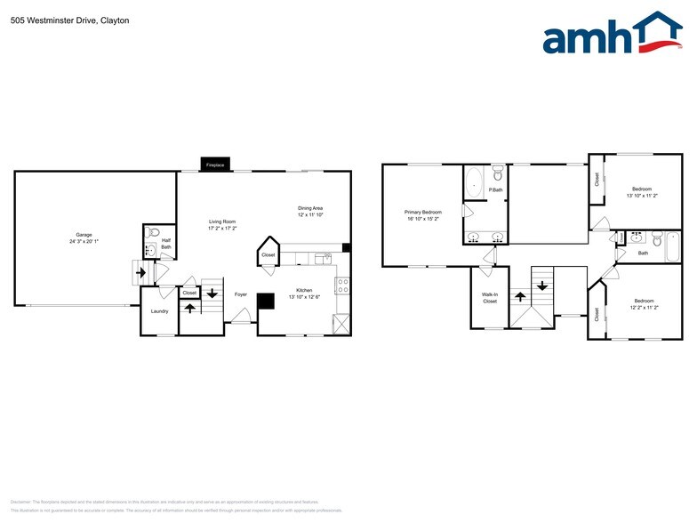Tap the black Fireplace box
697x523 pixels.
point(215,165)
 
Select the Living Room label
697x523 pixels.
point(221,221)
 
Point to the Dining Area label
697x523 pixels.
point(310,208)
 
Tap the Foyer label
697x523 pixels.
point(240,294)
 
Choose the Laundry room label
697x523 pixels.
point(160,310)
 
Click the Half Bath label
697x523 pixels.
point(166,243)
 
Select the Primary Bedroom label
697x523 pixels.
point(423,212)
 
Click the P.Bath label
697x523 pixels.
point(495,189)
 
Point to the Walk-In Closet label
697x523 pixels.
point(490,298)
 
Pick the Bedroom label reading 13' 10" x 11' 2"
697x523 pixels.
point(642,189)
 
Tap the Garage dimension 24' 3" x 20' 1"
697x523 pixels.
point(84,241)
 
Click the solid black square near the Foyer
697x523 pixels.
point(266,302)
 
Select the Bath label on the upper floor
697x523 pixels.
point(643,253)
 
